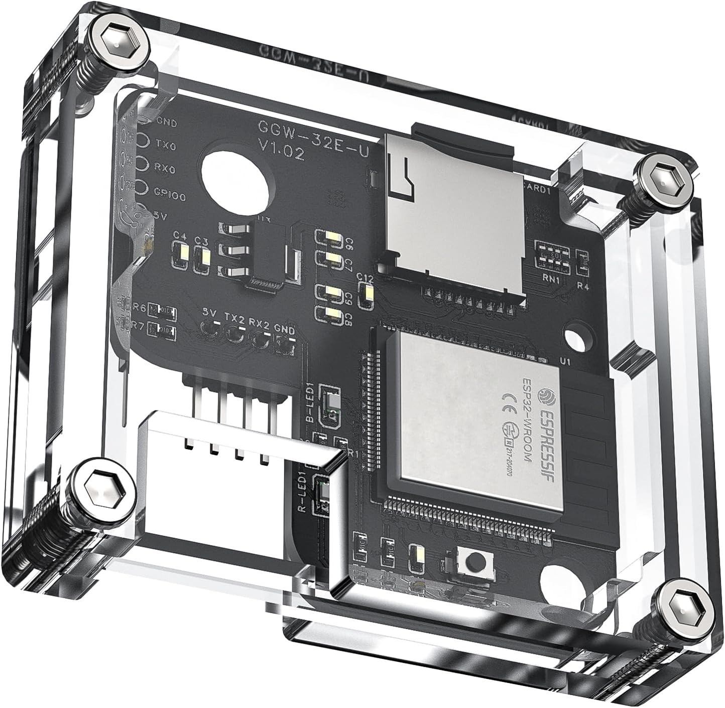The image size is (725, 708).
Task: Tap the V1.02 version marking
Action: click(x=281, y=150)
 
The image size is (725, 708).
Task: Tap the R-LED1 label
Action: click(x=303, y=492)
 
